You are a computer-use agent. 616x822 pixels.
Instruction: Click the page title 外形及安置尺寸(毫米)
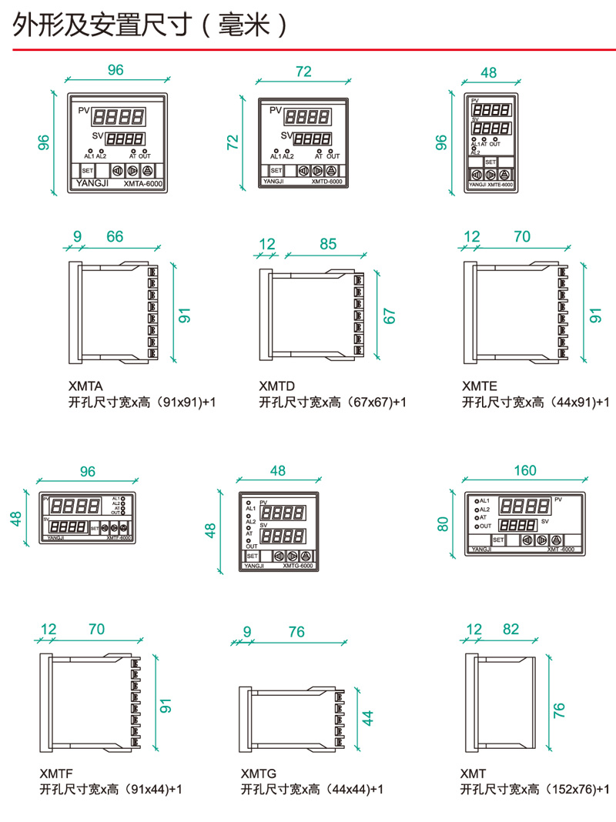(150, 25)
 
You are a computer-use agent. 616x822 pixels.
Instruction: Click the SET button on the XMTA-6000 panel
(86, 170)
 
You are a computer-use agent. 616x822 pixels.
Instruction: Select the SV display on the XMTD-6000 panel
(312, 139)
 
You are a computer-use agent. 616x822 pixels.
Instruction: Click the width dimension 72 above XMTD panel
(303, 72)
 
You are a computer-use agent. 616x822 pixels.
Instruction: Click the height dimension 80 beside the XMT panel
(442, 523)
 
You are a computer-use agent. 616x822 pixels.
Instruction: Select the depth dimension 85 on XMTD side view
(328, 244)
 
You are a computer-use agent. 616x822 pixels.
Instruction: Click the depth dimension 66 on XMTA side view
(115, 236)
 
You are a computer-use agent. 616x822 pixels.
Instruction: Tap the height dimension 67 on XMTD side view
(389, 316)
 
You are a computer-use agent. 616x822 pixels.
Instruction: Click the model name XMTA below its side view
(85, 386)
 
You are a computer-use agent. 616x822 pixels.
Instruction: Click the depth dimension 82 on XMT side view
(511, 629)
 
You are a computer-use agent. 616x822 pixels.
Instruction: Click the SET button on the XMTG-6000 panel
(253, 555)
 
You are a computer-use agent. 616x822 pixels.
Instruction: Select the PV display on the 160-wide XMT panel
(524, 506)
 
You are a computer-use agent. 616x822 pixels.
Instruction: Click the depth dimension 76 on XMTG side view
(296, 632)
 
